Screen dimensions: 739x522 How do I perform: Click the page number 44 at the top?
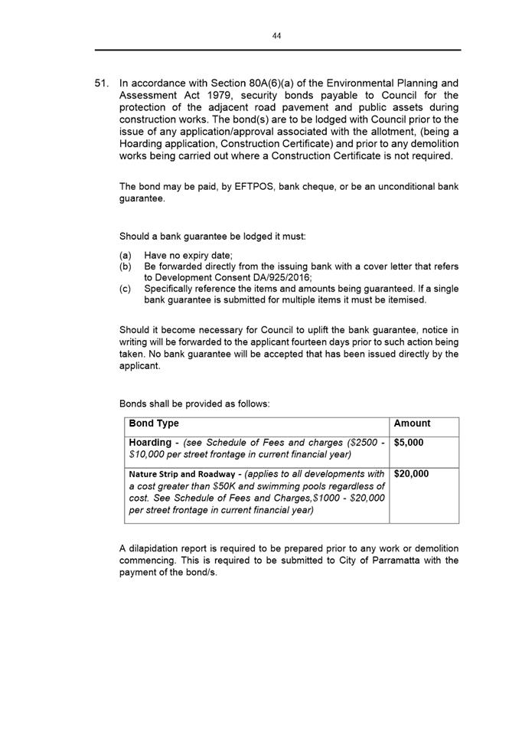pos(277,36)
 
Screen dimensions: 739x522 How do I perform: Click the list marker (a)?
pos(126,255)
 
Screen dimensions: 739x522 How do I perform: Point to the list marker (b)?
pos(126,266)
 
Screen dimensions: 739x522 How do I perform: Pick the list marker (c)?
pos(126,289)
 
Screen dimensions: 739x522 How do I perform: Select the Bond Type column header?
pos(154,423)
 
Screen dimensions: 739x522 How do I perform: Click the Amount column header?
pos(412,423)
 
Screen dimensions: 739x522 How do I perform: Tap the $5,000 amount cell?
pos(408,443)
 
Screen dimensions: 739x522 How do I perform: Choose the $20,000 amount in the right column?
pos(411,474)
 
